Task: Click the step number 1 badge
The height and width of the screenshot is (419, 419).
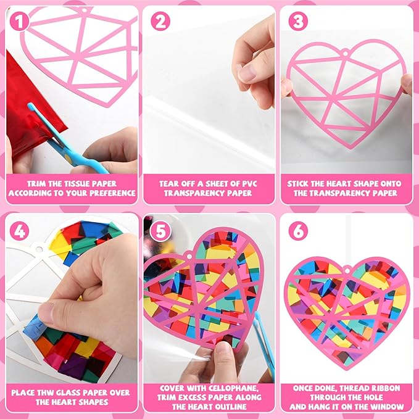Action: tap(19, 22)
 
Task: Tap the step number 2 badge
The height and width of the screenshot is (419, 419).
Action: tap(160, 22)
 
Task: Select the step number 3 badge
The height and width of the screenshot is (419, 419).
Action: tap(298, 22)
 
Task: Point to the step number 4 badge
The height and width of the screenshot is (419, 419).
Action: tap(19, 231)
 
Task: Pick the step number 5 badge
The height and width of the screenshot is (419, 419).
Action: tap(160, 231)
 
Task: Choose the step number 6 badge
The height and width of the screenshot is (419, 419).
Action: tap(298, 231)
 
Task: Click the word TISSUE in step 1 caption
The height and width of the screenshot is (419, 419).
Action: tap(77, 184)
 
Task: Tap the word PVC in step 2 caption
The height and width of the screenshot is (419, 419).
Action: tap(247, 184)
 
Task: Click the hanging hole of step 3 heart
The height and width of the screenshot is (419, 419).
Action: tap(346, 54)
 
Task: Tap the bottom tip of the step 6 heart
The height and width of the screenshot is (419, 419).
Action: tap(346, 370)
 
